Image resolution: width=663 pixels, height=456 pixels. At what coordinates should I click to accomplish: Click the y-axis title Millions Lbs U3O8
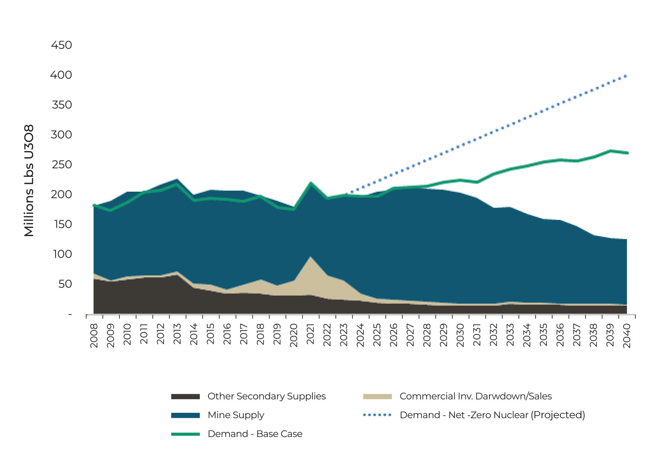click(29, 180)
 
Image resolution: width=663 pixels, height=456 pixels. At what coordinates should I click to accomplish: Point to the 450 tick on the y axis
click(61, 45)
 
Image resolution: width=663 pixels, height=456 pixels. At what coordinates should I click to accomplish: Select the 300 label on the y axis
click(61, 134)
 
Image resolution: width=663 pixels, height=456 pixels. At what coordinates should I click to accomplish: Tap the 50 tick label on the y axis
click(65, 284)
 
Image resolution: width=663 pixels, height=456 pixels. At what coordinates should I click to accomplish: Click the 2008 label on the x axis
click(94, 335)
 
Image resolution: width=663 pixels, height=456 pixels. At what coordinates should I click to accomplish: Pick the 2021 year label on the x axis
click(310, 335)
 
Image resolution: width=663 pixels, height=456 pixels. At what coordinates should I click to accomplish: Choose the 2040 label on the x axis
click(627, 335)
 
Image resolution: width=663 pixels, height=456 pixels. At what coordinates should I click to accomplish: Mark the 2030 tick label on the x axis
click(460, 335)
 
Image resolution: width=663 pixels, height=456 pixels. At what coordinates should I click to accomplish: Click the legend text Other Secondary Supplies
click(266, 396)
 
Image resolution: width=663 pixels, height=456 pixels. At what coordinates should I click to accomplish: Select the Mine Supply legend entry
click(236, 415)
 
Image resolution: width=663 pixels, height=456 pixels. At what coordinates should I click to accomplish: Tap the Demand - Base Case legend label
click(255, 434)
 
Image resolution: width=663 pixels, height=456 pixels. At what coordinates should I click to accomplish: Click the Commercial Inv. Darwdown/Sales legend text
click(475, 396)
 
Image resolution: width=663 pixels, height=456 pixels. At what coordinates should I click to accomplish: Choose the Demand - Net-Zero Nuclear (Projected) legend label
click(492, 415)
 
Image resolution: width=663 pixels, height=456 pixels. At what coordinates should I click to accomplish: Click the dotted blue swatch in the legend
click(377, 415)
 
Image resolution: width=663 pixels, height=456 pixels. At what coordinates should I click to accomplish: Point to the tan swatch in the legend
click(377, 397)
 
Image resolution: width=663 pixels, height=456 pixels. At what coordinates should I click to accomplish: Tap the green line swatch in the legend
click(185, 434)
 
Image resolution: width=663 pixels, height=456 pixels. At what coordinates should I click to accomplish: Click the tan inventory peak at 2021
click(311, 258)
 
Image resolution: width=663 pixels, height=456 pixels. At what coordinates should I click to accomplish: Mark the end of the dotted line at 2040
click(626, 76)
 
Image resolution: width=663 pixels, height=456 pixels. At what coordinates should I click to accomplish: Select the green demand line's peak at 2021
click(311, 183)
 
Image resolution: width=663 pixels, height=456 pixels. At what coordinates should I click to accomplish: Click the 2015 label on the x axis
click(211, 335)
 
